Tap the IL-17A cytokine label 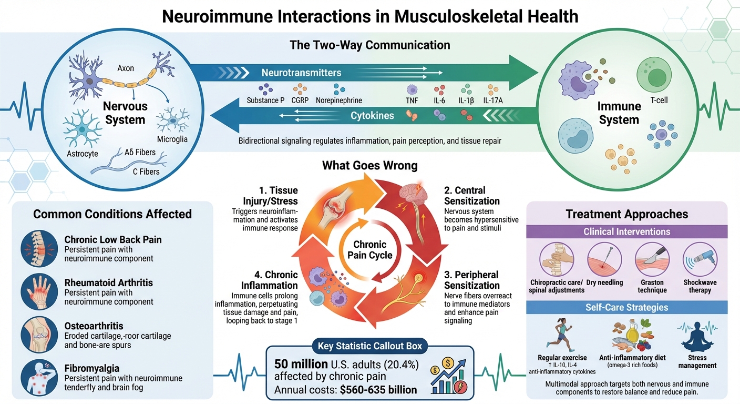click(493, 100)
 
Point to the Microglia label click(172, 139)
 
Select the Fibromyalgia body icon click(39, 377)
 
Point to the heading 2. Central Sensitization click(472, 196)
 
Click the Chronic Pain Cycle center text click(369, 250)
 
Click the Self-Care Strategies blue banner click(626, 307)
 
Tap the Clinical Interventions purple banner click(626, 231)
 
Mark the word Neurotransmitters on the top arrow click(301, 73)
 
